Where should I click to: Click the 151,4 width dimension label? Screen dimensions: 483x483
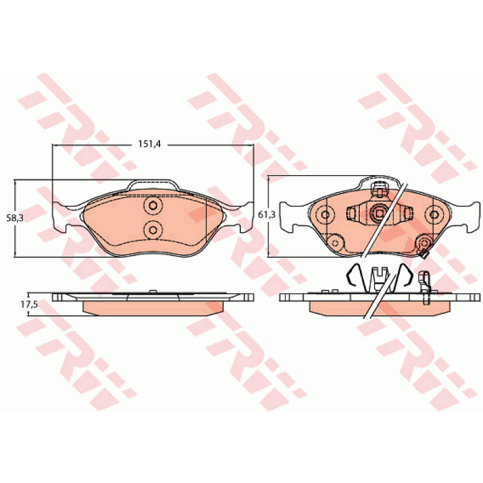click(x=149, y=144)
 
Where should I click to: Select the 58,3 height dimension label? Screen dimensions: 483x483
click(x=14, y=218)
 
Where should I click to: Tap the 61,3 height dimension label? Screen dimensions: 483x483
click(x=266, y=215)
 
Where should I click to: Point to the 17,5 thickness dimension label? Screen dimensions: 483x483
click(x=29, y=305)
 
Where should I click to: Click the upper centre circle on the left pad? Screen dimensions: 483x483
click(x=153, y=205)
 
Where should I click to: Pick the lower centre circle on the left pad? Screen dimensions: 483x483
click(x=153, y=229)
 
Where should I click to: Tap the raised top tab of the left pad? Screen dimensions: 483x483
click(x=153, y=185)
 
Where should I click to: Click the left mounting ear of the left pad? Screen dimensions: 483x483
click(x=62, y=217)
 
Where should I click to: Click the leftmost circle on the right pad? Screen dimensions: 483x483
click(x=325, y=214)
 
